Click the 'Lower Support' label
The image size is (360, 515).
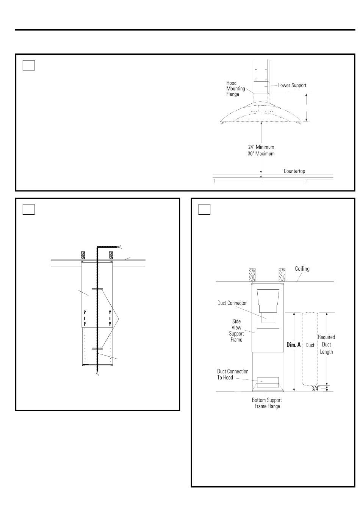(292, 85)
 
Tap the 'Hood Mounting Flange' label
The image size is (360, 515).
(235, 89)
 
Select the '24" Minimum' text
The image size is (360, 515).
(261, 147)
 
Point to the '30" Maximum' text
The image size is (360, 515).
(261, 154)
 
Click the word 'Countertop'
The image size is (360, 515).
(294, 171)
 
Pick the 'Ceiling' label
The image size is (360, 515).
(302, 269)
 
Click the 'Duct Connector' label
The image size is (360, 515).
(232, 303)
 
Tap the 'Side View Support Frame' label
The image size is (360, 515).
(236, 330)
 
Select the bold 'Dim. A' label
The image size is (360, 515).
(294, 345)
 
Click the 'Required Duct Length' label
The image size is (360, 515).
(326, 345)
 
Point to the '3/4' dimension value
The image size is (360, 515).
(315, 389)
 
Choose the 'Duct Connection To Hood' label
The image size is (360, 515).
(233, 374)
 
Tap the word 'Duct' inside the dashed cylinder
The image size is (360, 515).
(310, 345)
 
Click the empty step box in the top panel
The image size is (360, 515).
(29, 65)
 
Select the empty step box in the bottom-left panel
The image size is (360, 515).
(29, 209)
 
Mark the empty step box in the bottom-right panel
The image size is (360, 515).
(204, 209)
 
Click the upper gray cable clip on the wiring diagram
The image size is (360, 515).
(97, 289)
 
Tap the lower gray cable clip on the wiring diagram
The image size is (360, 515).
(97, 348)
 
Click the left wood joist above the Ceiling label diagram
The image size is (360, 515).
(252, 275)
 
